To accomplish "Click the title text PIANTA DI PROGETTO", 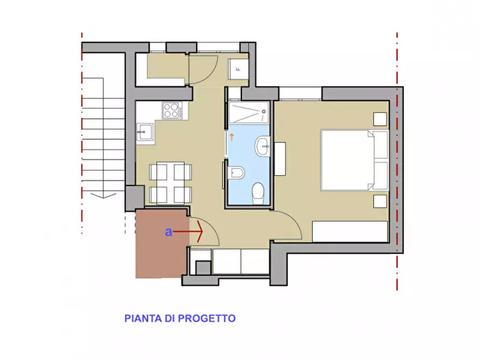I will point(180,318).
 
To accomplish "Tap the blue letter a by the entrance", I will point(169,232).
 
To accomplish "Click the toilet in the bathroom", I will point(259,191).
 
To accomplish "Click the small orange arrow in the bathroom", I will point(232,137).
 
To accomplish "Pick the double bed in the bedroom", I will point(354,160).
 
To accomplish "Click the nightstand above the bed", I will point(381,119).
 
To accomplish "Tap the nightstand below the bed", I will point(381,201).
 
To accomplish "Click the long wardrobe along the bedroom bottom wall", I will point(350,232).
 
